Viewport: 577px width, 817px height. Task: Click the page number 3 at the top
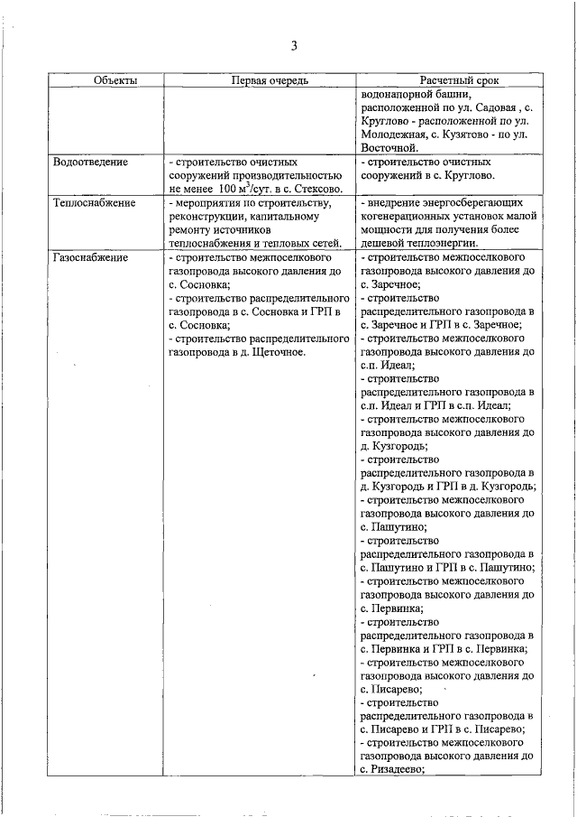pyautogui.click(x=293, y=47)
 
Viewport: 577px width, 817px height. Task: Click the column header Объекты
pyautogui.click(x=115, y=80)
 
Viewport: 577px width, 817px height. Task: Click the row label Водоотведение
pyautogui.click(x=91, y=162)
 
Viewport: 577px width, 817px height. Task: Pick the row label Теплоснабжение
pyautogui.click(x=96, y=203)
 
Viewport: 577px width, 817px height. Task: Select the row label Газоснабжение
pyautogui.click(x=91, y=257)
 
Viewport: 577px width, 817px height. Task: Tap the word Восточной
pyautogui.click(x=388, y=147)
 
